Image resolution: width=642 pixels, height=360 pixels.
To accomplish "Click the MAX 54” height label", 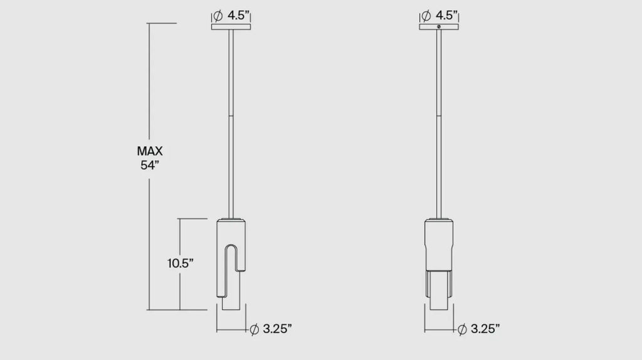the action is [x=150, y=158].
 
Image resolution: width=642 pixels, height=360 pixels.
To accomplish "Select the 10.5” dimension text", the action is [x=181, y=263].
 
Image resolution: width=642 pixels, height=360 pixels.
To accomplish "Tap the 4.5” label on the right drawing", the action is [x=446, y=16].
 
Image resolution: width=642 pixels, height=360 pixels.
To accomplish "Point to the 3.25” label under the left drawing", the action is [x=277, y=329].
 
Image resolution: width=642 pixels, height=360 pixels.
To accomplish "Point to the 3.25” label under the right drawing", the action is [x=485, y=329].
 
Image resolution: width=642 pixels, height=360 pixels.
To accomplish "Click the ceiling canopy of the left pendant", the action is [x=231, y=27].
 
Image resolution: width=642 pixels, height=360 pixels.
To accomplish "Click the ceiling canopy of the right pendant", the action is [x=439, y=27].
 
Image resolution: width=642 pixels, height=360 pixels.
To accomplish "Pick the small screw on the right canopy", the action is [x=439, y=26].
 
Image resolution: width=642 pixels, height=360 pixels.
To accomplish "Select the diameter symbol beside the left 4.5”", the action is [x=218, y=16].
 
